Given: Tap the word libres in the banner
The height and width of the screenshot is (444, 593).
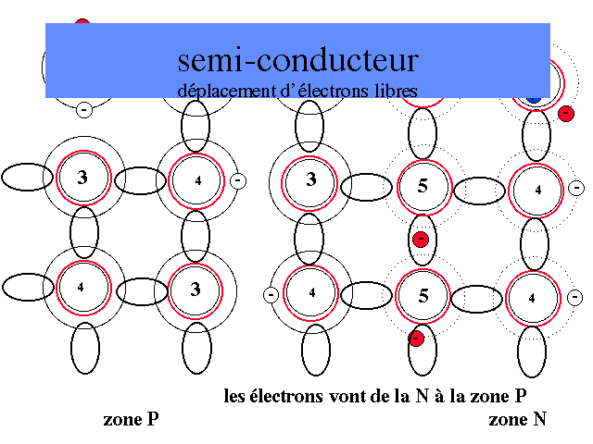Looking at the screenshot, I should pyautogui.click(x=395, y=91).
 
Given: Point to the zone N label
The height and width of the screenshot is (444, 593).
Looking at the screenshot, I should pyautogui.click(x=517, y=420).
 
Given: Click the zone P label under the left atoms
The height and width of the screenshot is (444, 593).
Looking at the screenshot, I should pyautogui.click(x=131, y=420).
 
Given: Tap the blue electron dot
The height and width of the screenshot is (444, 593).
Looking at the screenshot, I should pyautogui.click(x=533, y=96).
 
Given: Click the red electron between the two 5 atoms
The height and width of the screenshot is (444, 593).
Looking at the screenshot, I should pyautogui.click(x=421, y=239).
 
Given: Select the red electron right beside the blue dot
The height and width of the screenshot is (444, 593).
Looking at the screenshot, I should pyautogui.click(x=566, y=113).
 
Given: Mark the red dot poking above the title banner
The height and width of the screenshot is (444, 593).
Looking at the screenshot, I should pyautogui.click(x=82, y=23).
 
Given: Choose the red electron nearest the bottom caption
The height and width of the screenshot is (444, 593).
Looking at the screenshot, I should pyautogui.click(x=416, y=338).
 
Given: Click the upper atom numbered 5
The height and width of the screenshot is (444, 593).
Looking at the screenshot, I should pyautogui.click(x=423, y=185).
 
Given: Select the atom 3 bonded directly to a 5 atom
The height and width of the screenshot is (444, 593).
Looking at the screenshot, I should pyautogui.click(x=311, y=179).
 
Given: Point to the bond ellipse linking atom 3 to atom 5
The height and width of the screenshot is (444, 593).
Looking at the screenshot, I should pyautogui.click(x=366, y=187).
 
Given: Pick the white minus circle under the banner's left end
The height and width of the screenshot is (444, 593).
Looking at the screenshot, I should pyautogui.click(x=83, y=109).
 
